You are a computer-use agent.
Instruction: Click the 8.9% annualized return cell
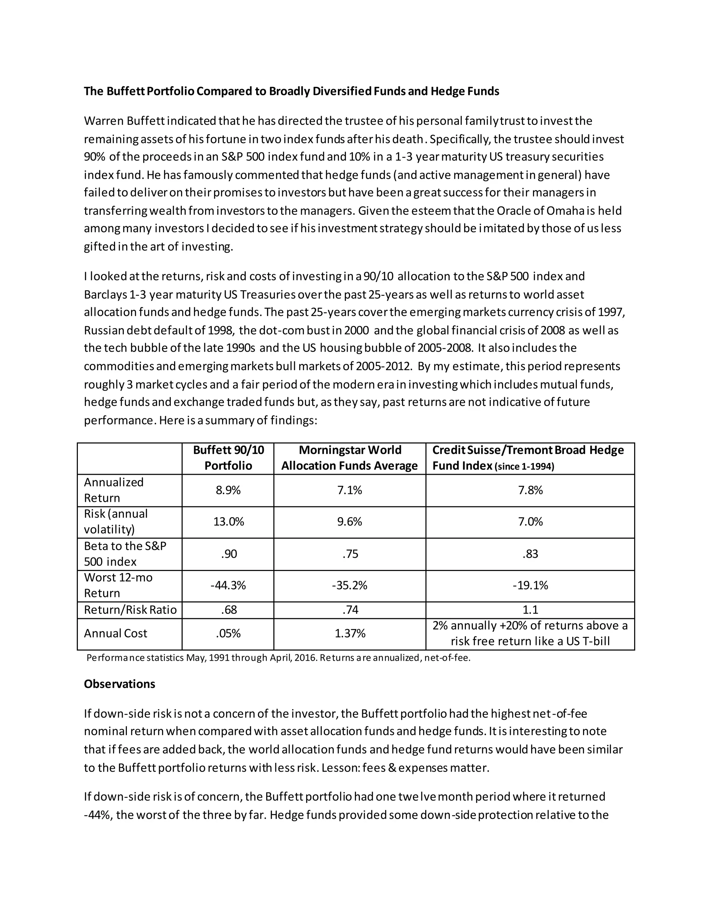(228, 490)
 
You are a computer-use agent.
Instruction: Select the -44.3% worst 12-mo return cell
(228, 585)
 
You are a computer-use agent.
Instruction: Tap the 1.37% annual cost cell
(350, 633)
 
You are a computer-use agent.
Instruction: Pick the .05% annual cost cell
(228, 633)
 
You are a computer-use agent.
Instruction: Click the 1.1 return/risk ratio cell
(530, 610)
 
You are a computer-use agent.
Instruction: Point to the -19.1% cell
(530, 585)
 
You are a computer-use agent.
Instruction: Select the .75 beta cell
(350, 554)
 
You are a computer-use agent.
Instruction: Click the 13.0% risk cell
(228, 522)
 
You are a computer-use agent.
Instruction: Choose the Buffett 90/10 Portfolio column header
(228, 458)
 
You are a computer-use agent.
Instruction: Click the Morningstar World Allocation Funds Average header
(350, 458)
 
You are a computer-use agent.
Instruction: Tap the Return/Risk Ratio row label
(130, 610)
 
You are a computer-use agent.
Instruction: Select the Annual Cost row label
(115, 633)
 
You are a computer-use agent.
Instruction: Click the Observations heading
(119, 684)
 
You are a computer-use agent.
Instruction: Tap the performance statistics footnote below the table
(278, 658)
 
